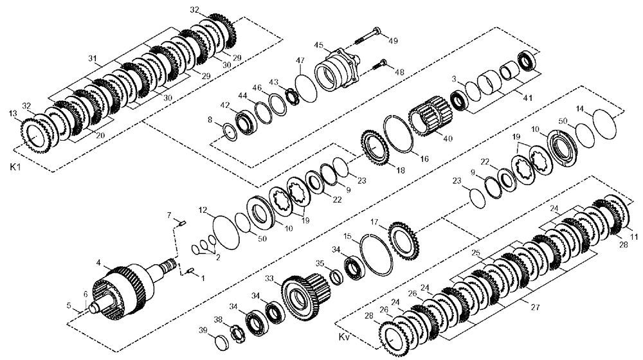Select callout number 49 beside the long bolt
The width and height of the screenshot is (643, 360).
(x=393, y=40)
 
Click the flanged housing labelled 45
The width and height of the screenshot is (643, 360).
(x=337, y=71)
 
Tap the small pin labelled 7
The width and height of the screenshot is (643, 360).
(x=182, y=223)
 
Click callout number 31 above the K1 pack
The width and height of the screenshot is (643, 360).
(x=93, y=59)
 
